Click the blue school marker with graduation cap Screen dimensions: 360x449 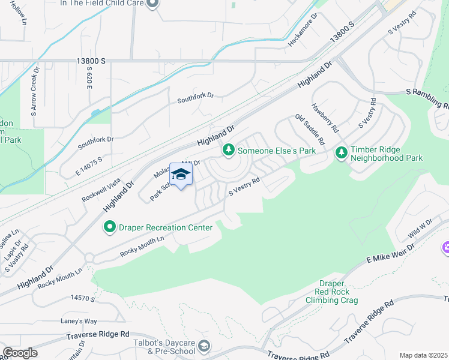(181, 175)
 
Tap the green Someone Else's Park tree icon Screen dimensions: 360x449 (228, 150)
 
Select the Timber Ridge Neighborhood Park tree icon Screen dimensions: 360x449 (342, 153)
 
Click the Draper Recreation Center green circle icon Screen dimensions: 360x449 (109, 227)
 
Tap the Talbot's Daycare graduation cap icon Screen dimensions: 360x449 (205, 346)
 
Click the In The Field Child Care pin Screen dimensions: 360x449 (152, 4)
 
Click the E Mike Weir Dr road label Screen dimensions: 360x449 (391, 253)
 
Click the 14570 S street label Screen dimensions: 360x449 (83, 298)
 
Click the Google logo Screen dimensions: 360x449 (19, 353)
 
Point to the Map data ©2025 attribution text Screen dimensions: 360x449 (423, 355)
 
